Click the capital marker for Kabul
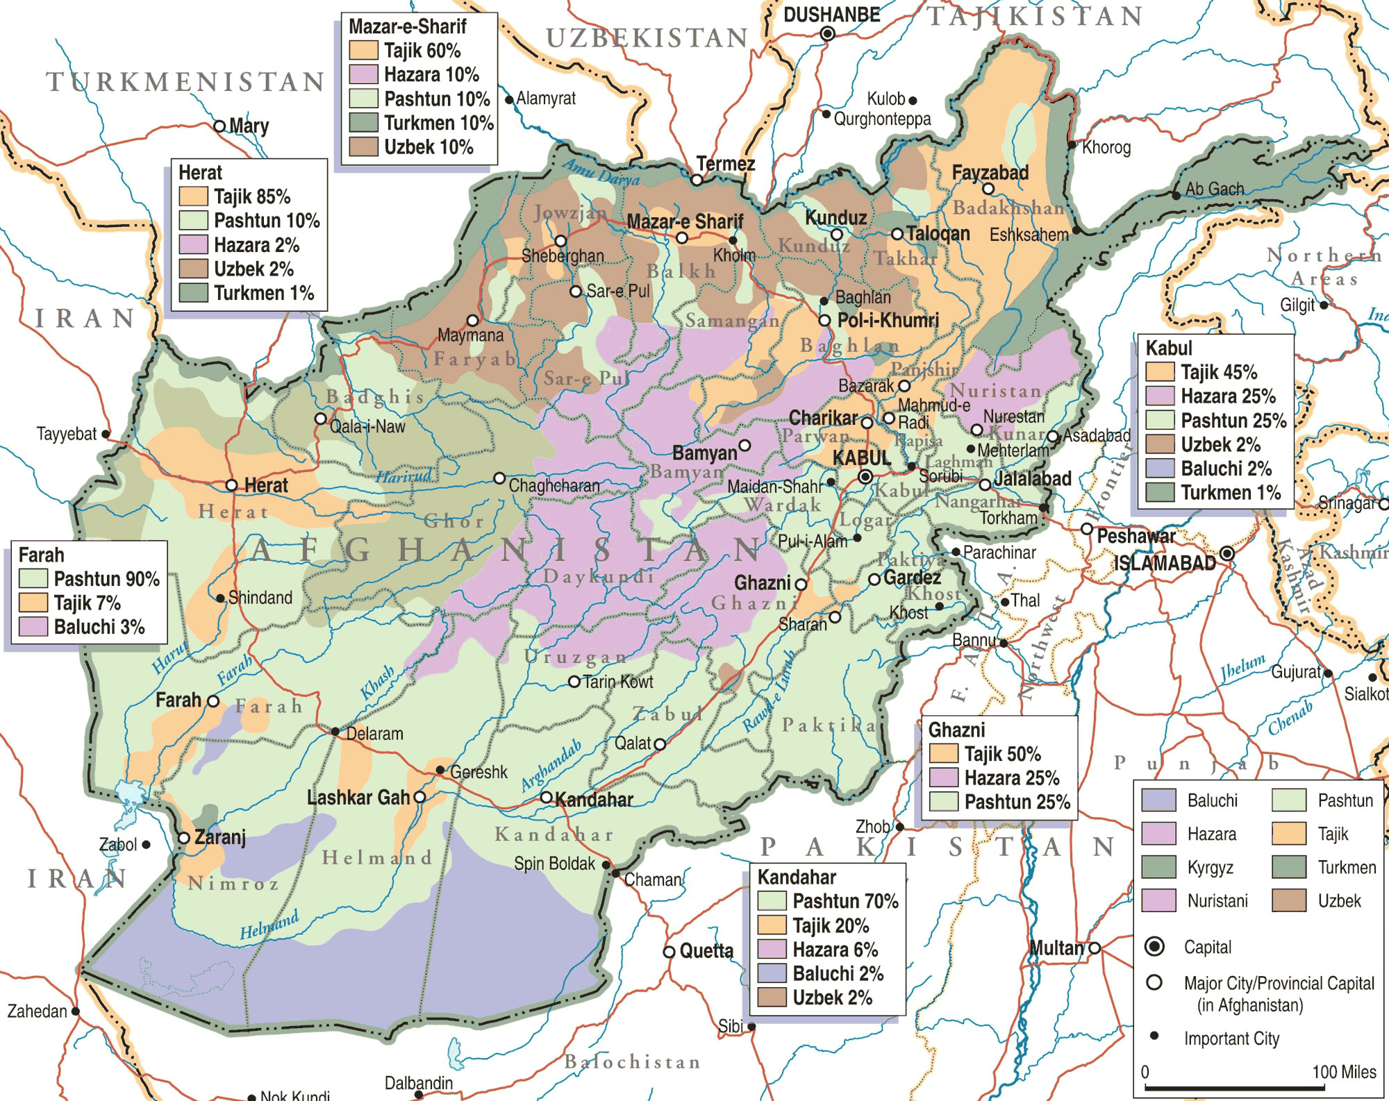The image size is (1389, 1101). coord(865,477)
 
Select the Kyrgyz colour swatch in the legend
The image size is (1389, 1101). coord(1158,867)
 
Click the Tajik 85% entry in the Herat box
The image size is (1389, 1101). coord(251,196)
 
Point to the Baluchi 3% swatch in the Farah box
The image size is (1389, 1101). coord(33,627)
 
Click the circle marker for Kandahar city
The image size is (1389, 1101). coord(547,797)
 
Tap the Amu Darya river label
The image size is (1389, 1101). coord(601,172)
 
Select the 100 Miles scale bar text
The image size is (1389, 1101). coord(1343,1072)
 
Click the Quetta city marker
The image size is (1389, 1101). coord(669,952)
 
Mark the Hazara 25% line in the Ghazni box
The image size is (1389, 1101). coord(1011,778)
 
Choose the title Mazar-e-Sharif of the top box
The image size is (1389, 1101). coord(407,26)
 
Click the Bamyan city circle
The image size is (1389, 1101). coord(745,445)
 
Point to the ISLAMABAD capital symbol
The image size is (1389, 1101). coord(1227,553)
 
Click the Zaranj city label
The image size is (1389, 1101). coord(220,837)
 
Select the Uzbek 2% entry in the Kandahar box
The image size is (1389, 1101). coord(832,998)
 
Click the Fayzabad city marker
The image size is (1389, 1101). coord(988,189)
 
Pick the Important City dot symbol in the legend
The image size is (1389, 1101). coord(1154,1036)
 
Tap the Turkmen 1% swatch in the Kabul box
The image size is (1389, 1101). coord(1159,492)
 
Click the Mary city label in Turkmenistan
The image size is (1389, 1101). coord(249,126)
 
